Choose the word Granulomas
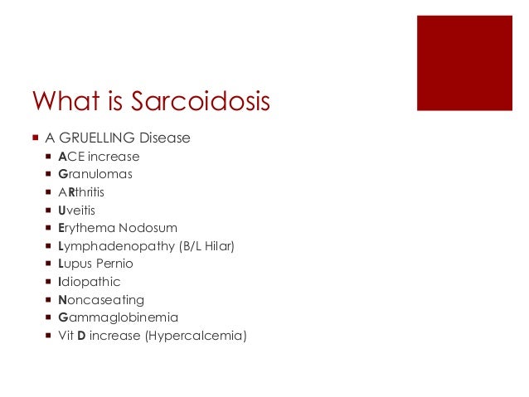pos(95,174)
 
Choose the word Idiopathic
pos(89,282)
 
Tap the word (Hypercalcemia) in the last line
pos(197,336)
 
